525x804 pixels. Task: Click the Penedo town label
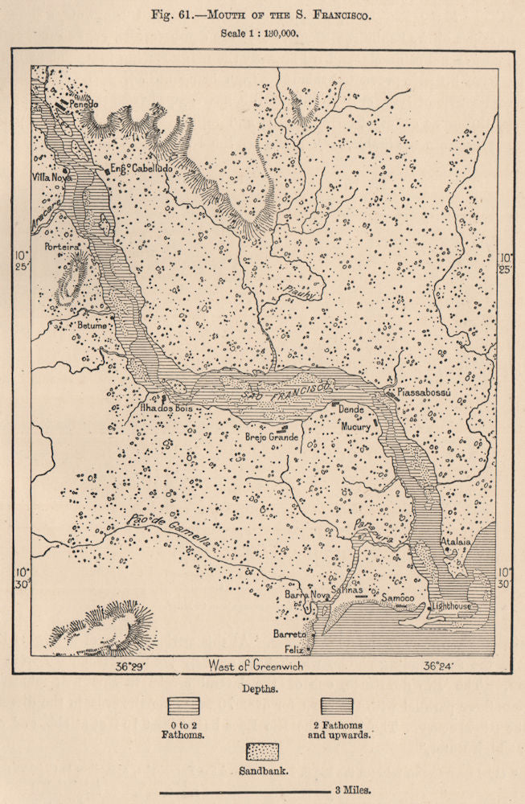coord(84,105)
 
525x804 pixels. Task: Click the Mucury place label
coord(355,427)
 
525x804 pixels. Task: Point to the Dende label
coord(351,408)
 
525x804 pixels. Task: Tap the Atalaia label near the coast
coord(455,542)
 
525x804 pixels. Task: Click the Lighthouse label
coord(452,605)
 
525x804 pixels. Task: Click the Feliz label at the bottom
coord(299,647)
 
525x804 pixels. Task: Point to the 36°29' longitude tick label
coord(129,667)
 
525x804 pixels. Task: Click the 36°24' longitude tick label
coord(440,667)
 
